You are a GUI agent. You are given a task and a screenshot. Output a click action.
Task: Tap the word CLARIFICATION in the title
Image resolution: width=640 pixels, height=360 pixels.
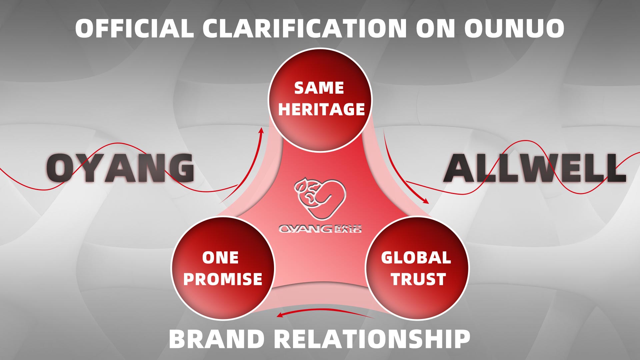[x=305, y=28]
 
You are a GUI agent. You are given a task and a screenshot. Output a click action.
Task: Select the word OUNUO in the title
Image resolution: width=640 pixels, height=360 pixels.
[x=514, y=28]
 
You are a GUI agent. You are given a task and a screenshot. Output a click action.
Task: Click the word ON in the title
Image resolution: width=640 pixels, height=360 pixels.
[x=435, y=28]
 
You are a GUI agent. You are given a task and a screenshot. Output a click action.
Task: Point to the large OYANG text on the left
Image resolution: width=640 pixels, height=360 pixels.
[x=120, y=168]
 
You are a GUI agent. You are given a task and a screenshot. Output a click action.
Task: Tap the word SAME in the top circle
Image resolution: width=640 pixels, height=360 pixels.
[x=319, y=88]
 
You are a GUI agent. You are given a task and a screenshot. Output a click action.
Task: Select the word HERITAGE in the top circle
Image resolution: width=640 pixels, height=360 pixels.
[x=321, y=109]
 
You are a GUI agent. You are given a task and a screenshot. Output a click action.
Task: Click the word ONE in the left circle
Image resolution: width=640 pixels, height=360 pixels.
[x=220, y=258]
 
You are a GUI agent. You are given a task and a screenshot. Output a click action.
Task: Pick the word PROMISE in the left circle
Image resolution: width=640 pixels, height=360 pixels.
[x=223, y=279]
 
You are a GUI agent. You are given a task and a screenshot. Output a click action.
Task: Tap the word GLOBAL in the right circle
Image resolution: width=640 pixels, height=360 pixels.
[x=416, y=258]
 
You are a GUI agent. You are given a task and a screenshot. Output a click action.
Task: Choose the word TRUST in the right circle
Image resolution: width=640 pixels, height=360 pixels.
[x=418, y=279]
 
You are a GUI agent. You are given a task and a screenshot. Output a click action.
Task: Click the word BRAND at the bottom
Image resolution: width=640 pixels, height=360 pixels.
[x=217, y=339]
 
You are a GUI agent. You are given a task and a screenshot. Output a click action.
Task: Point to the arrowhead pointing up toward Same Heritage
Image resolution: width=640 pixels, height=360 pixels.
[x=261, y=130]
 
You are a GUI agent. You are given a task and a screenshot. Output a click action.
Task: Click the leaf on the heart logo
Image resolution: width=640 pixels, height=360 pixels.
[x=301, y=185]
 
